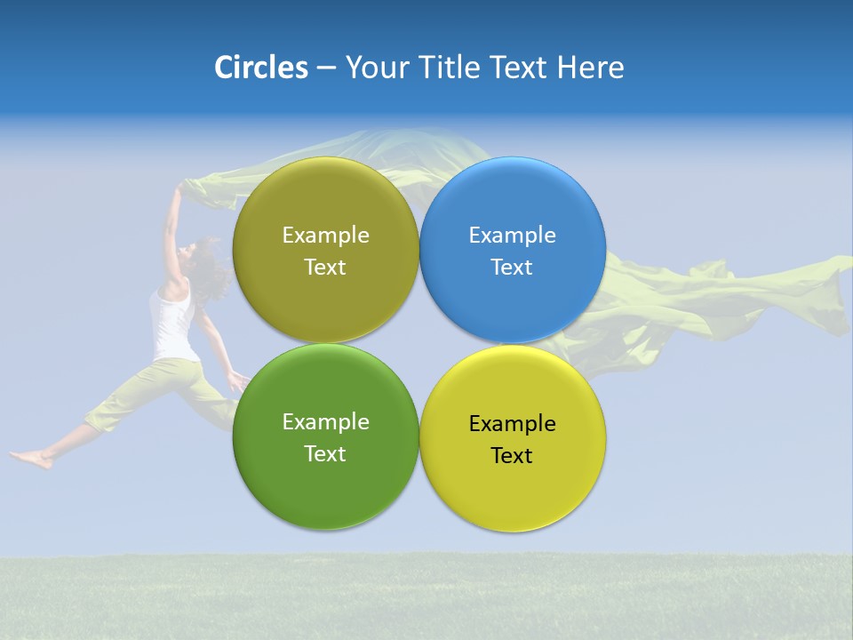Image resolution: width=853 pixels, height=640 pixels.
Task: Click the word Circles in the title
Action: pyautogui.click(x=261, y=68)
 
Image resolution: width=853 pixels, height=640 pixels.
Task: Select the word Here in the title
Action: pyautogui.click(x=590, y=68)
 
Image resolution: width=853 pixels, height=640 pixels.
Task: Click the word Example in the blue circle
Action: pyautogui.click(x=512, y=236)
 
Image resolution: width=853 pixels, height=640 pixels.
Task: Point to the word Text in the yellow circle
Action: pyautogui.click(x=512, y=456)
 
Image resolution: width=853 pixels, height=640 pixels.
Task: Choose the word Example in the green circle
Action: pyautogui.click(x=325, y=422)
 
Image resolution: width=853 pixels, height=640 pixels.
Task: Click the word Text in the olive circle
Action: pyautogui.click(x=325, y=268)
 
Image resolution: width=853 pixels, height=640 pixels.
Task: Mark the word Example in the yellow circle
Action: pyautogui.click(x=512, y=424)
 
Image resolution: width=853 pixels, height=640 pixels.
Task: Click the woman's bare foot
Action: pyautogui.click(x=31, y=459)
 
